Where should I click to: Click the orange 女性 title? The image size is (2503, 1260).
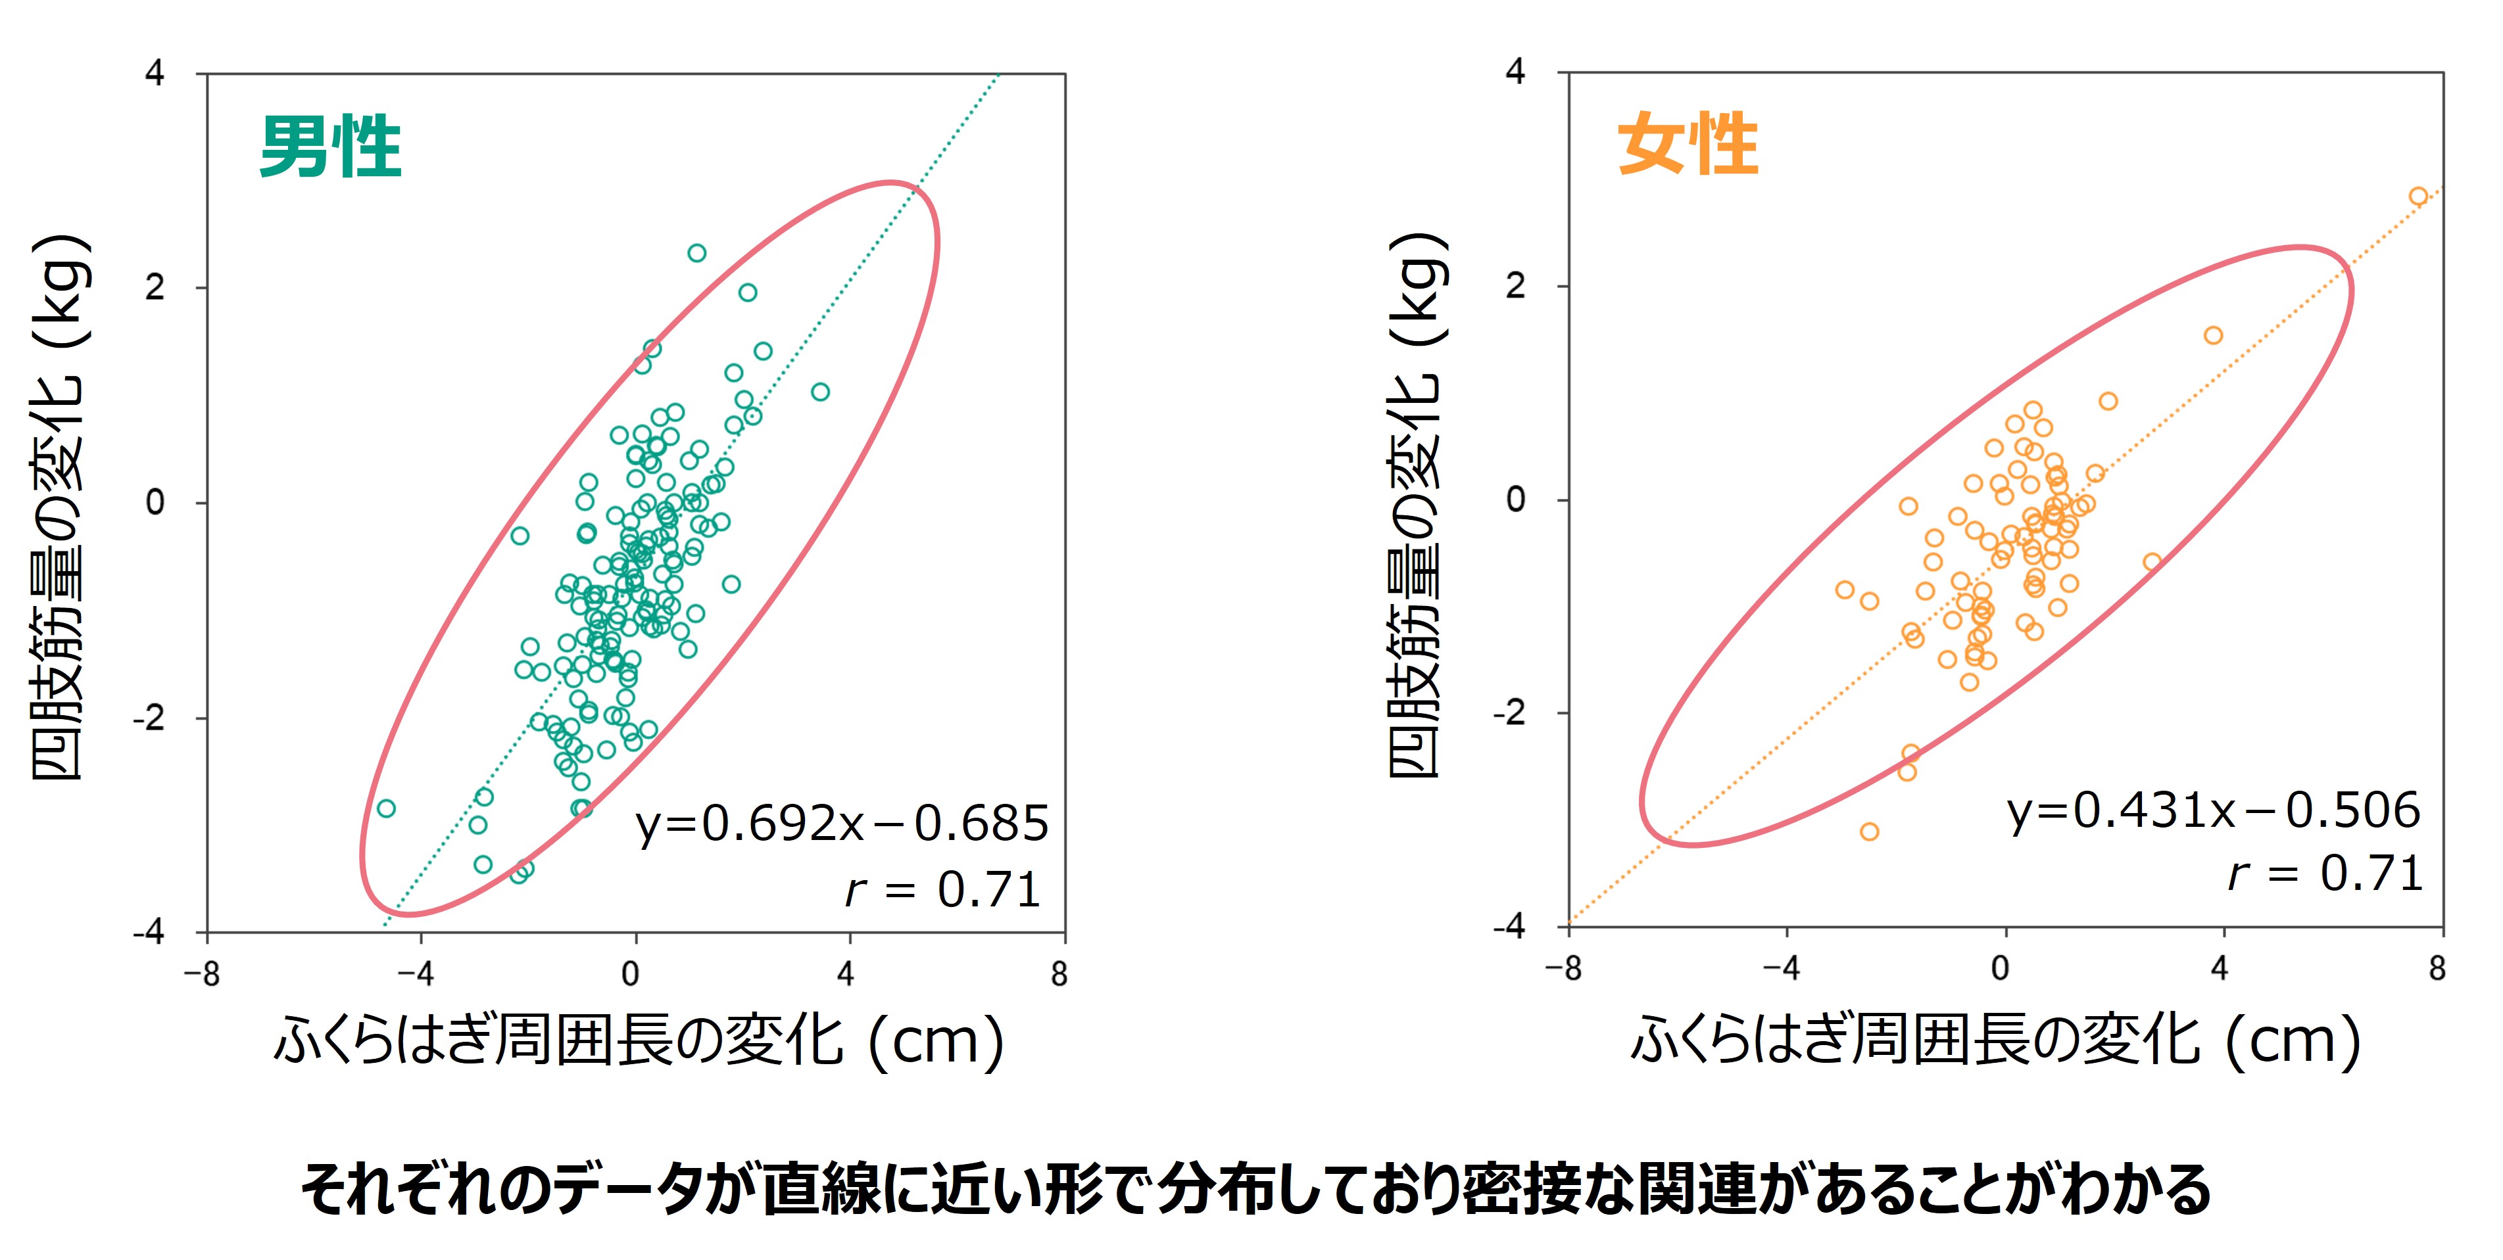(1688, 145)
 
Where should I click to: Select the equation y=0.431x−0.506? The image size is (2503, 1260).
(2214, 811)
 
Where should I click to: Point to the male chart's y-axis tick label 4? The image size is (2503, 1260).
(155, 73)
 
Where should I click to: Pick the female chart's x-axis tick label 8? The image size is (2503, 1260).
(2437, 969)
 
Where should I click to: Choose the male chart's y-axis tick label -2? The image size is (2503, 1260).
(150, 718)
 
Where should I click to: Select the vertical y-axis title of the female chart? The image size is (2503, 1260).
(1416, 505)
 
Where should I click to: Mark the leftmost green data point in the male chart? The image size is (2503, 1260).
(386, 808)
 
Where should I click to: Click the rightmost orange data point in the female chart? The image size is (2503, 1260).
(2418, 197)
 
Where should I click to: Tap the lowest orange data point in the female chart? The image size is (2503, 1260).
(1870, 831)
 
